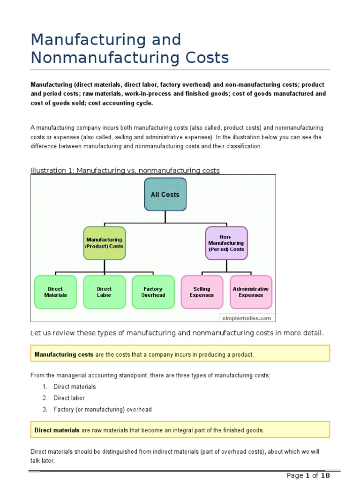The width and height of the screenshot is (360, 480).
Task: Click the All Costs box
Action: pos(165,194)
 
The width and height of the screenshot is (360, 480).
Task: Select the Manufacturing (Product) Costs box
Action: pos(104,243)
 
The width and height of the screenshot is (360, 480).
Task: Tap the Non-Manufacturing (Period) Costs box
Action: pos(226,243)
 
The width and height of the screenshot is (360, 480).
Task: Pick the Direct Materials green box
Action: pos(55,292)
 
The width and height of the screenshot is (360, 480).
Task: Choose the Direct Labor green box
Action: pos(104,292)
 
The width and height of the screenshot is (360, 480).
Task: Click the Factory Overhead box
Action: pos(153,292)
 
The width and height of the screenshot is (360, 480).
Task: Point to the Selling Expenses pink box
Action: pos(202,292)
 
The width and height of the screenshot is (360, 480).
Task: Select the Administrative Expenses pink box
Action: pos(251,292)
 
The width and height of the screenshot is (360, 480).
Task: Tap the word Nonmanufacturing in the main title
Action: pos(98,58)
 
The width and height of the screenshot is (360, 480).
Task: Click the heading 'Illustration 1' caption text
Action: pos(125,170)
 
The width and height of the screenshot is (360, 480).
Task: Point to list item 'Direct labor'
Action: pos(69,398)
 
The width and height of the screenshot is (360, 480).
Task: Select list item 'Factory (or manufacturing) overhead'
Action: pos(103,409)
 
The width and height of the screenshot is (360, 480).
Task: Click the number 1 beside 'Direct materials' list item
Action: pos(45,387)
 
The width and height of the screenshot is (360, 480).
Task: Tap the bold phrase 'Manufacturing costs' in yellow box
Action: pos(64,354)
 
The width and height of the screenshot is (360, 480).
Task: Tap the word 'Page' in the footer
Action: pos(295,475)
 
